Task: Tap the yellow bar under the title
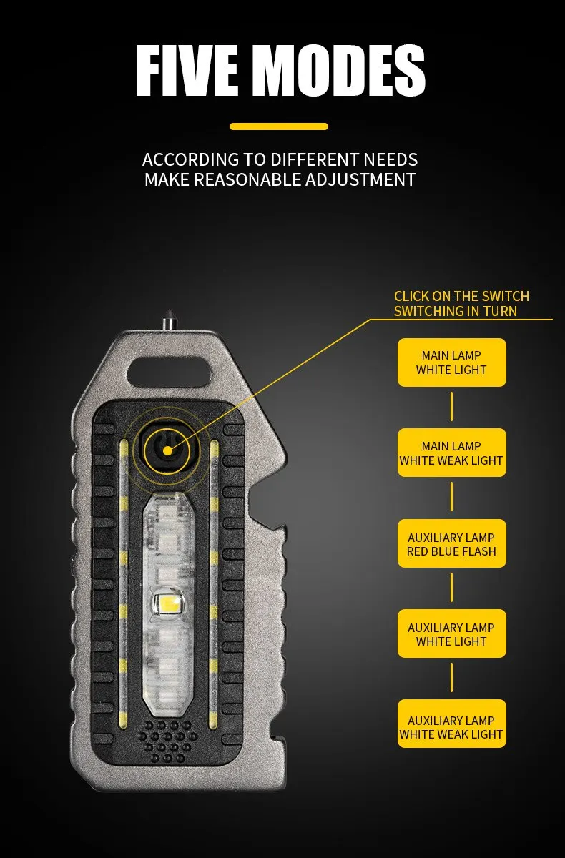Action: (x=279, y=127)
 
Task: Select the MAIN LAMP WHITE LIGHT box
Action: (x=451, y=363)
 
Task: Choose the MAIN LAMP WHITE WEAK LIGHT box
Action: (x=451, y=453)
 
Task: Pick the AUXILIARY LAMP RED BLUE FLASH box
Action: (x=451, y=544)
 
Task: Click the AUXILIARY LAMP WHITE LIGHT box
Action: (x=451, y=634)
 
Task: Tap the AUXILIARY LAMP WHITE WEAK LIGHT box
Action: (x=451, y=727)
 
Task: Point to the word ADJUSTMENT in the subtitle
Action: (x=360, y=179)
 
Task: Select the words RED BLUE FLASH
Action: (x=451, y=552)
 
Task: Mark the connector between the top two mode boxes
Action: (x=451, y=408)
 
